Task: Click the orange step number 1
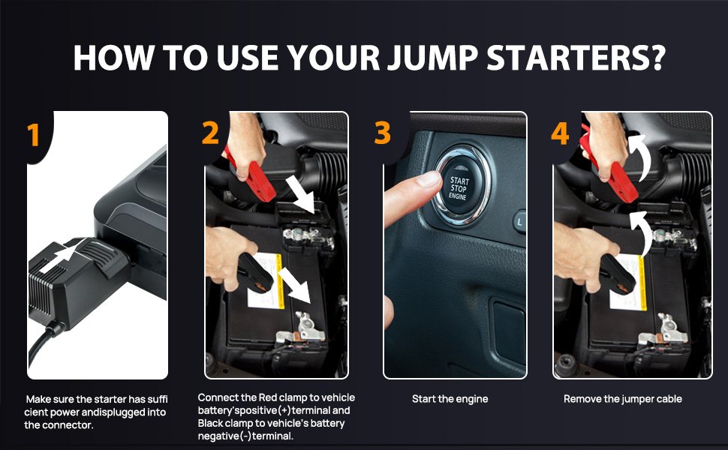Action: tap(33, 134)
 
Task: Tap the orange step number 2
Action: tap(210, 133)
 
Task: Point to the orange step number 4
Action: tap(560, 133)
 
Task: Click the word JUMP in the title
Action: tap(432, 58)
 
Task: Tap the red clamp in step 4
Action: tap(612, 172)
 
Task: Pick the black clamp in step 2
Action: tap(254, 274)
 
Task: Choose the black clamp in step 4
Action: tap(618, 274)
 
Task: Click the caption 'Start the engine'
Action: tap(450, 399)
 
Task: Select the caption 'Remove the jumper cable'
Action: tap(623, 399)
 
